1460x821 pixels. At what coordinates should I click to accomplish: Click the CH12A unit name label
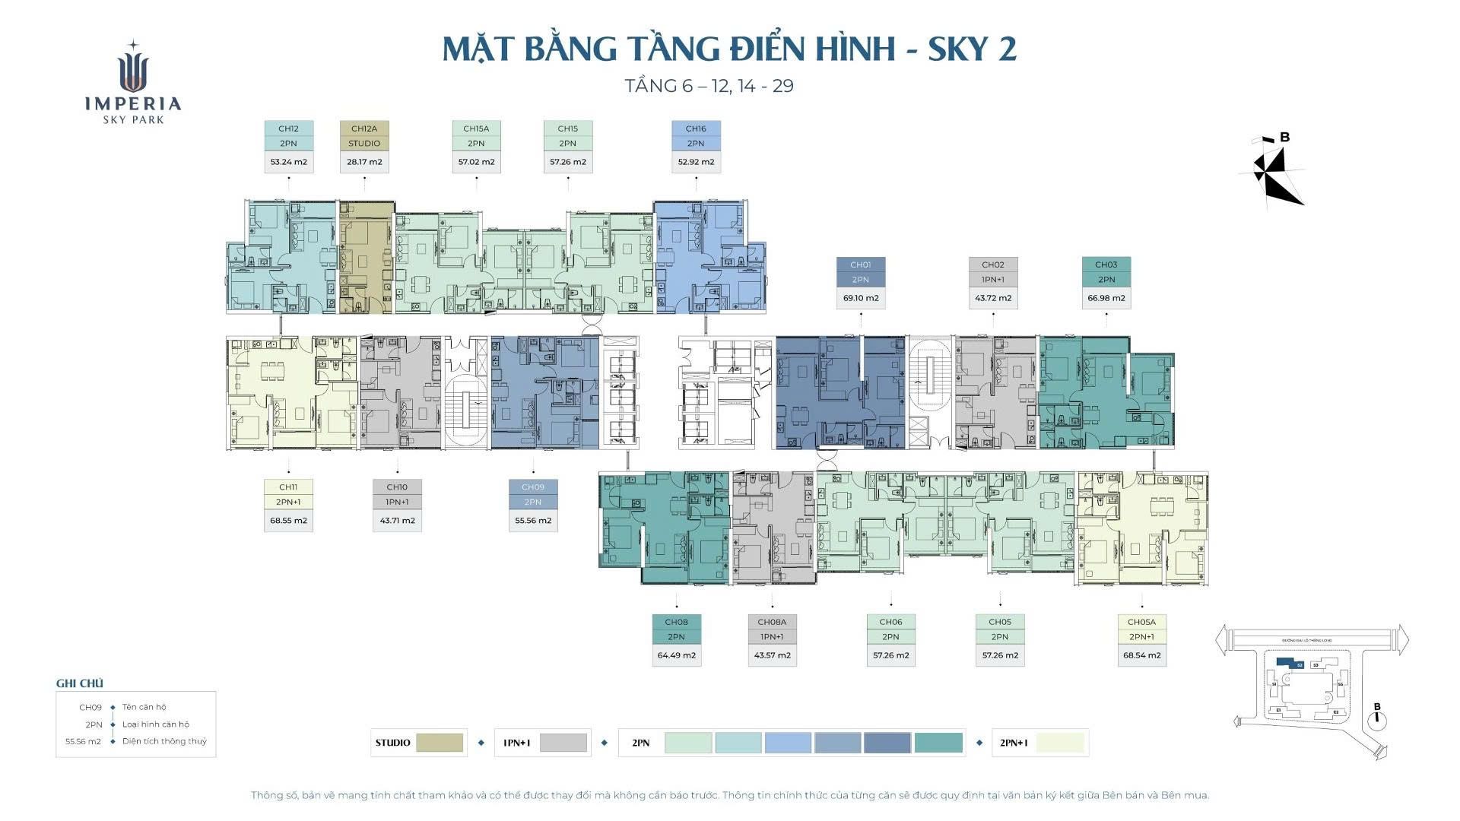coord(364,128)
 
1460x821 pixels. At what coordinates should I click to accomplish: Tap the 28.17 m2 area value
coord(364,162)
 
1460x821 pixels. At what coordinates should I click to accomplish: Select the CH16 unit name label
coord(696,128)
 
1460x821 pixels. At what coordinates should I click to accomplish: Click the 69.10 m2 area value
coord(861,298)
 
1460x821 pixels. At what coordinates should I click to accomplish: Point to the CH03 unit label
coord(1106,265)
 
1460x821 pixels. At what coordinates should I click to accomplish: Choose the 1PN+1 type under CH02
coord(992,280)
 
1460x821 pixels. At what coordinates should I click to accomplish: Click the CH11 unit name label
coord(288,487)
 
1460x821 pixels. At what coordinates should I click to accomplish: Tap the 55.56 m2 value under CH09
coord(533,521)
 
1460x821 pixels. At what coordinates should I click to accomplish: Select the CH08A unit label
coord(772,622)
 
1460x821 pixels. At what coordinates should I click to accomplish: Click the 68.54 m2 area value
coord(1141,655)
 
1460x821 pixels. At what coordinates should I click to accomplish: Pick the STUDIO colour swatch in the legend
coord(440,743)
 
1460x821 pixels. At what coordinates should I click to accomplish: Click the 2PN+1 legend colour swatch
coord(1060,743)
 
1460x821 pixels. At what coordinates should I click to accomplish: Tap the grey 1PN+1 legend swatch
coord(563,743)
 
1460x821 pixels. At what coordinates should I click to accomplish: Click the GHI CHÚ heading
coord(79,683)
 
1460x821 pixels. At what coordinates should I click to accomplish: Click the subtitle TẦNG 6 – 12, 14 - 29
coord(709,86)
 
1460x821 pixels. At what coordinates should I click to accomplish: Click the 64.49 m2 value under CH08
coord(676,655)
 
